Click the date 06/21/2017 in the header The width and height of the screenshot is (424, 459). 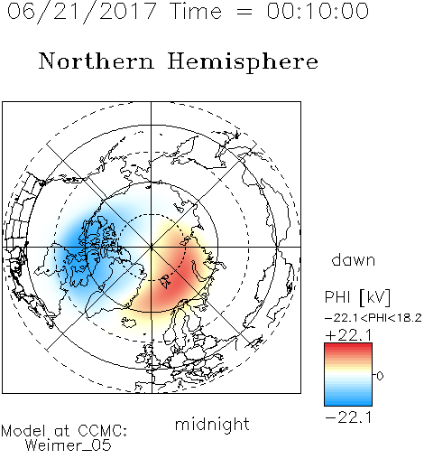click(81, 12)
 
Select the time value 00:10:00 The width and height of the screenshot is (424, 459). click(318, 11)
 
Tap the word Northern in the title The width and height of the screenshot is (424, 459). click(97, 61)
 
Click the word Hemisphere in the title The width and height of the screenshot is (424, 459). click(243, 62)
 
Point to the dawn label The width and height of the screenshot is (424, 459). click(354, 259)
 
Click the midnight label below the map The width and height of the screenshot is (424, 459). click(212, 425)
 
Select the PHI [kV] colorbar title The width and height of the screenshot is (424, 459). click(357, 297)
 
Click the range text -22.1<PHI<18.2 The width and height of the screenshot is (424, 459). click(373, 318)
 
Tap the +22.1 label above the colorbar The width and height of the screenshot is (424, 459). click(349, 335)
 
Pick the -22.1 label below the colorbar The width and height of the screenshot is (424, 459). click(349, 417)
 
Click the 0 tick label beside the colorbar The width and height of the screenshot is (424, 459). click(380, 376)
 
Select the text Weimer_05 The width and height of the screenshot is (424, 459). click(69, 445)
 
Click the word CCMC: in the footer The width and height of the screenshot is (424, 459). click(103, 431)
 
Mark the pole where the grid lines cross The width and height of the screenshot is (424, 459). click(152, 248)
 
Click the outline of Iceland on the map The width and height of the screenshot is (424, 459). click(128, 322)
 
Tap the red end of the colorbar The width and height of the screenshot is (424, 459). click(348, 346)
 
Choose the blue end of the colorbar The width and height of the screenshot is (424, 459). click(348, 402)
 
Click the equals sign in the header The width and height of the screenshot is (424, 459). click(244, 12)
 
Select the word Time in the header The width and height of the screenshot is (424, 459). click(196, 11)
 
